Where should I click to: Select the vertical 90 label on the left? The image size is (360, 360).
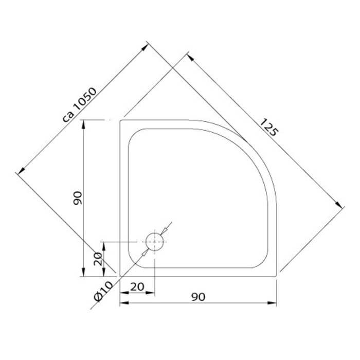click(x=77, y=198)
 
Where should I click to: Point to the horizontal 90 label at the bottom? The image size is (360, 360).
click(x=199, y=297)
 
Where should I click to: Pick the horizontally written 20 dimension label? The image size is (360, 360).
click(x=137, y=286)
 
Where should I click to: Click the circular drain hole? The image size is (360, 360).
click(x=155, y=242)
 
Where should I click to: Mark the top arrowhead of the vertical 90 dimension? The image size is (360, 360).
click(x=83, y=123)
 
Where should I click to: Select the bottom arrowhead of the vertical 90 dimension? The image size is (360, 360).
click(x=83, y=272)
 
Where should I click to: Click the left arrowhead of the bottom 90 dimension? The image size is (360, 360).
click(x=123, y=304)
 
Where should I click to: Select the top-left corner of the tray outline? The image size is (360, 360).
click(x=120, y=120)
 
